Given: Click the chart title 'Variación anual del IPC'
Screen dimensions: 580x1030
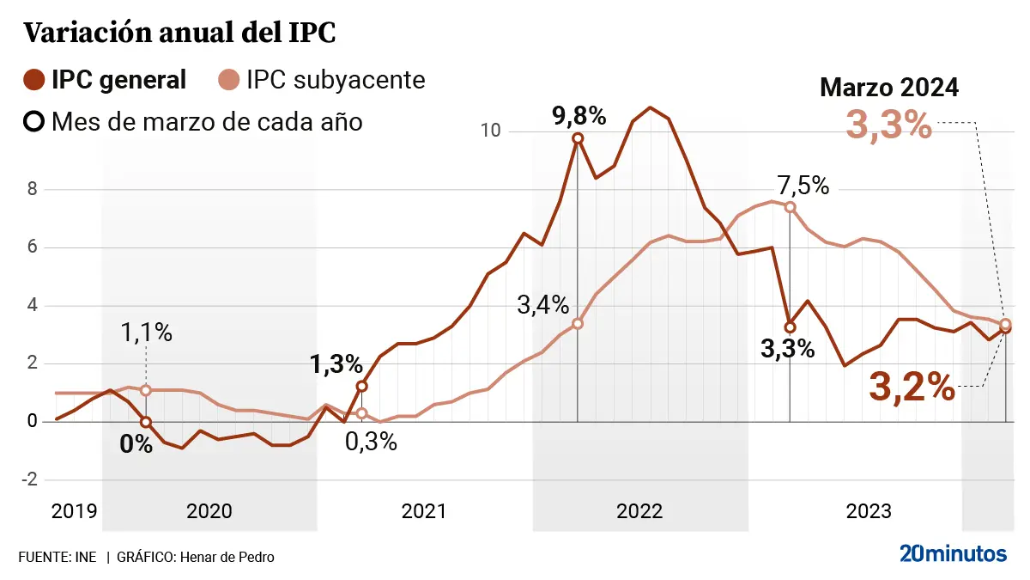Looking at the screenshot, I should coord(179,33).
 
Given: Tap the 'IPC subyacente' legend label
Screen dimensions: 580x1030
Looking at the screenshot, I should coord(336,81).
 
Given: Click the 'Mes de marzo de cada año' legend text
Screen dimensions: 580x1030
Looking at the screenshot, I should coord(207,122).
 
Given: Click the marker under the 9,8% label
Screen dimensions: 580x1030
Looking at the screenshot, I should coord(578,138).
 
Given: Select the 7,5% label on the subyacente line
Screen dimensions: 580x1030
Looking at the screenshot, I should coord(803,185).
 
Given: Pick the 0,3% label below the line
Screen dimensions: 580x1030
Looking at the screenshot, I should coord(371,441).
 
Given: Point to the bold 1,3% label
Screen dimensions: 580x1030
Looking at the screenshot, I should coord(336,364).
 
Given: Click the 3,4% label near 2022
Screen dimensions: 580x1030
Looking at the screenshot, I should coord(543,304).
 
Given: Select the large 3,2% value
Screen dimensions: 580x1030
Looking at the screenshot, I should coord(912,388).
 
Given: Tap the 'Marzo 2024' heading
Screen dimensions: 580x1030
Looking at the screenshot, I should coord(889,88).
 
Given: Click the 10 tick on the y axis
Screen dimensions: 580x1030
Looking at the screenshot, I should coord(491,131).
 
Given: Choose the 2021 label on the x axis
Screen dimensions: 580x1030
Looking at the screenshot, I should coord(424,512).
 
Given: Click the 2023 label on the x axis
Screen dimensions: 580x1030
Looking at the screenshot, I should coord(869,512).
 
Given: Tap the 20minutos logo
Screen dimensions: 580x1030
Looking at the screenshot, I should coord(953,554).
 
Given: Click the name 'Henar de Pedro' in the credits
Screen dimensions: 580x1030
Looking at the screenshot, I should coord(226,558).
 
